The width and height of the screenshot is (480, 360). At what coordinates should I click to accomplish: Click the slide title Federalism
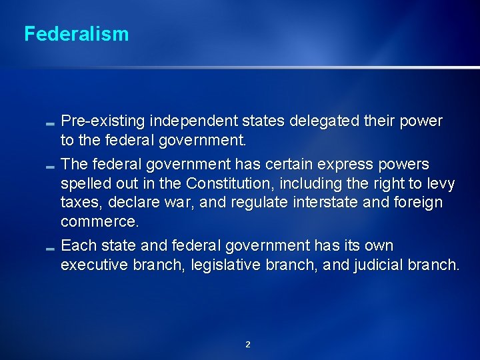(76, 34)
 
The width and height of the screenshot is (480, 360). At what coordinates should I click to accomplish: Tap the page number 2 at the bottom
(248, 345)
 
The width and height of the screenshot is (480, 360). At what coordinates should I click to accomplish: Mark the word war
(178, 202)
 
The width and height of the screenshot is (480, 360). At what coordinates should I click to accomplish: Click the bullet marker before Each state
(51, 248)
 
